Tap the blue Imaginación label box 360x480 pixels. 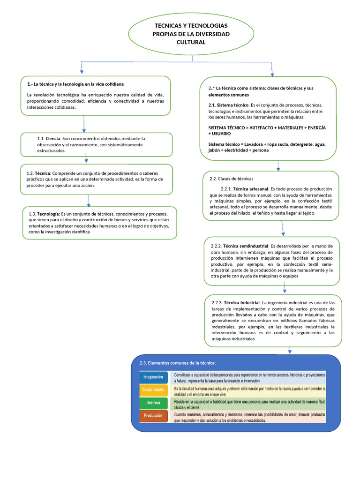click(153, 377)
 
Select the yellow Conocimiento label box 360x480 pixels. click(153, 390)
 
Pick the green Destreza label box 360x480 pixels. click(153, 403)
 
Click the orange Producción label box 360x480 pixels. click(153, 415)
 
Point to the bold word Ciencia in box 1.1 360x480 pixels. click(53, 139)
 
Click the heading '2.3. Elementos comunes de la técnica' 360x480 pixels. click(178, 363)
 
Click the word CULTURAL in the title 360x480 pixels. click(191, 42)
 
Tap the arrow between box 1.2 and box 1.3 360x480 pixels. click(88, 200)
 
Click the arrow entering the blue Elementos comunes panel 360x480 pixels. click(290, 350)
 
